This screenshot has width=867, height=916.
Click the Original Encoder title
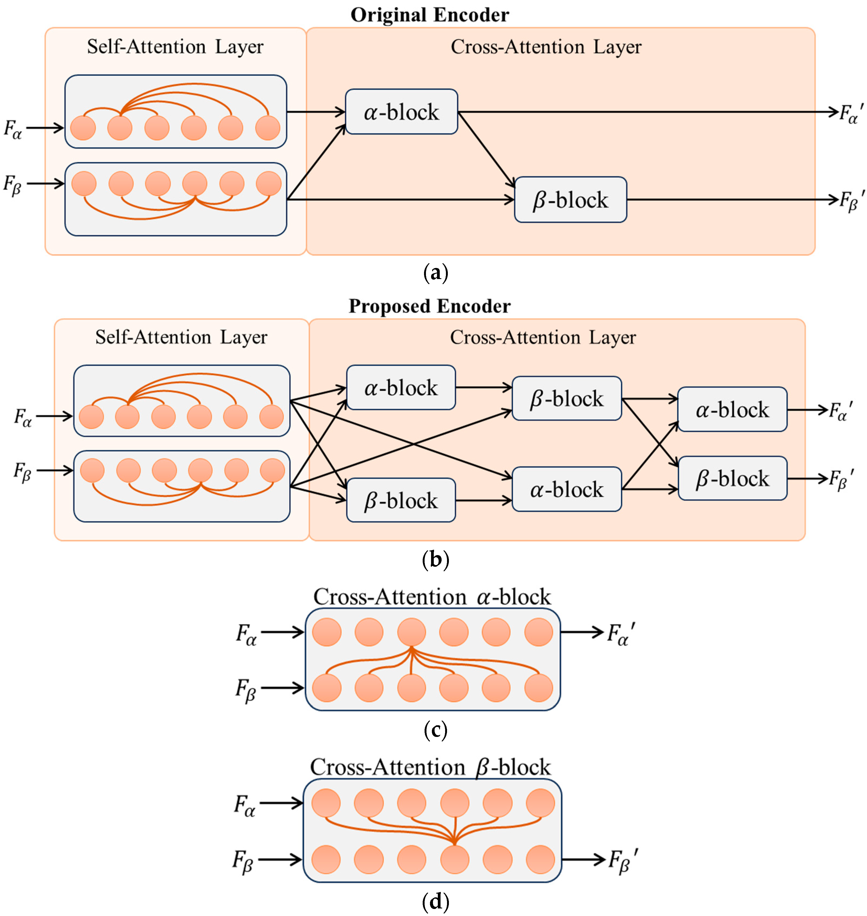(x=429, y=15)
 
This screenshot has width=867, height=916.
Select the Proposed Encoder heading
(x=429, y=306)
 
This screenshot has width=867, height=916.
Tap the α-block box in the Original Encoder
(x=401, y=112)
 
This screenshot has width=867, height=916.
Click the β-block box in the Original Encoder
(x=570, y=200)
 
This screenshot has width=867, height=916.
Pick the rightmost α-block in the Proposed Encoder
(x=732, y=409)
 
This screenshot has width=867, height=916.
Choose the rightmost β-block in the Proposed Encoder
(x=732, y=479)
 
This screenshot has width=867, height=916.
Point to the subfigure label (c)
(x=435, y=730)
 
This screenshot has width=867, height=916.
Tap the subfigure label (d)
(x=435, y=901)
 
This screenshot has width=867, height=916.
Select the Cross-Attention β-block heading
(x=430, y=767)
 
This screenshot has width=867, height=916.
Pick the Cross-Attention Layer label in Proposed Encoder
(x=543, y=337)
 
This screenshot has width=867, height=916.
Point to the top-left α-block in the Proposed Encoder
(x=401, y=388)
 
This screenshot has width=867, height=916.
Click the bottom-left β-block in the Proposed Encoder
(x=401, y=500)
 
